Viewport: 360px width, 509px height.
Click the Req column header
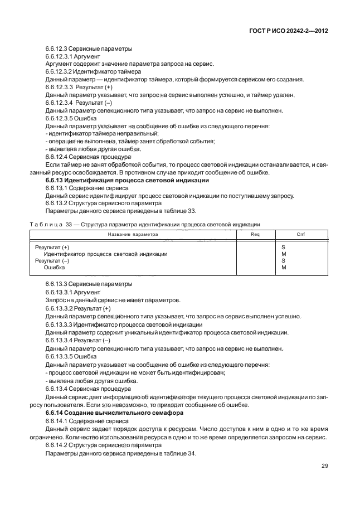point(255,235)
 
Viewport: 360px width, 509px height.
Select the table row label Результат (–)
point(52,260)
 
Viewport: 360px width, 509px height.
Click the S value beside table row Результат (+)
point(283,246)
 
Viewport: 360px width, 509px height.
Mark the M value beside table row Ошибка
point(283,268)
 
